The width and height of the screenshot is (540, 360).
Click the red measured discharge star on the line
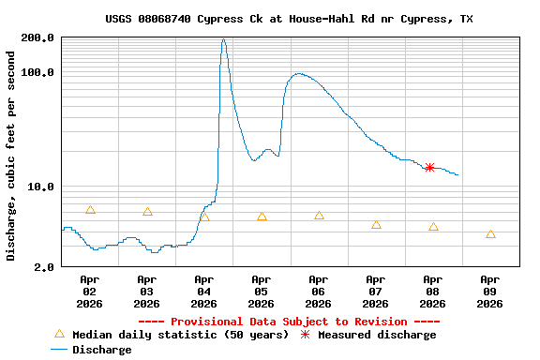429,167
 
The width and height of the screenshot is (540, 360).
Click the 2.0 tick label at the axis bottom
44,267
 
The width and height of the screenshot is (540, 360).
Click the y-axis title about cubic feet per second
11,154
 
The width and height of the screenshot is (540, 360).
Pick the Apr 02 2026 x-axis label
90,291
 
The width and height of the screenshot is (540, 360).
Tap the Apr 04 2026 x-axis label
204,291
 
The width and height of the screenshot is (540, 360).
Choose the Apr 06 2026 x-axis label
319,291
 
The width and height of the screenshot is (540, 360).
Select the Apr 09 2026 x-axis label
490,291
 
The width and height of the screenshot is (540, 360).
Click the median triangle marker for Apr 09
490,234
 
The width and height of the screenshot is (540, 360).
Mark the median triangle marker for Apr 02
90,210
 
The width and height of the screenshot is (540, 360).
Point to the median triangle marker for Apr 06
319,216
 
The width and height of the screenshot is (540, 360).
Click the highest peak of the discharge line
223,39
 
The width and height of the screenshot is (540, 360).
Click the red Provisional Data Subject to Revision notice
289,322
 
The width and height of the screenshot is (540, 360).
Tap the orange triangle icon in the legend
59,334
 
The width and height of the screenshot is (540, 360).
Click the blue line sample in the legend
59,350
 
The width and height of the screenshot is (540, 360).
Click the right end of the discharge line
457,174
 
